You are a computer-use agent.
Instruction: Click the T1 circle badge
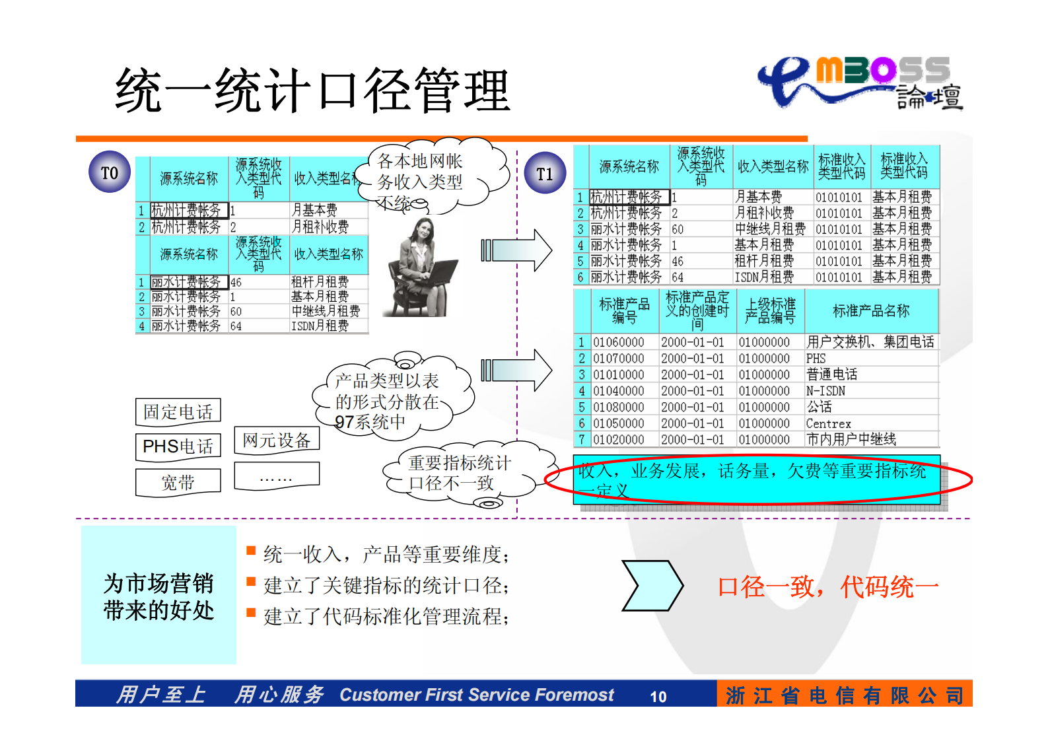545,173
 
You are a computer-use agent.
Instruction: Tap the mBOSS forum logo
862,83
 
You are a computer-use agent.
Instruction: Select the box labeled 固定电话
178,411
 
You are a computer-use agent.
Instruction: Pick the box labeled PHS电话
178,446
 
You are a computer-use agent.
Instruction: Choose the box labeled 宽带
178,483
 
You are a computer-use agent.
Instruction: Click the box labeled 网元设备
277,440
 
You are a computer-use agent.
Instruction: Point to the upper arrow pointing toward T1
516,250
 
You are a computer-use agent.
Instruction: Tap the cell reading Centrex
829,423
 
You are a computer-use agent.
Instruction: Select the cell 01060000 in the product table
618,342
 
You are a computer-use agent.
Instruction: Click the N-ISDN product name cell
825,391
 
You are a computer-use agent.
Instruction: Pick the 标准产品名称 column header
871,311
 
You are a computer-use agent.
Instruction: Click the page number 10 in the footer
658,696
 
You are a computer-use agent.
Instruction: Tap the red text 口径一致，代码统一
828,586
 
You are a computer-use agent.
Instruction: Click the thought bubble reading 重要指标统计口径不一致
460,473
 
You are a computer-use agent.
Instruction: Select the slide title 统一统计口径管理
312,90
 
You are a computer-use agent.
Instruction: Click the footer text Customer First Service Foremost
476,695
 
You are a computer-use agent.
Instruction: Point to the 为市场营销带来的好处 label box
158,596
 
